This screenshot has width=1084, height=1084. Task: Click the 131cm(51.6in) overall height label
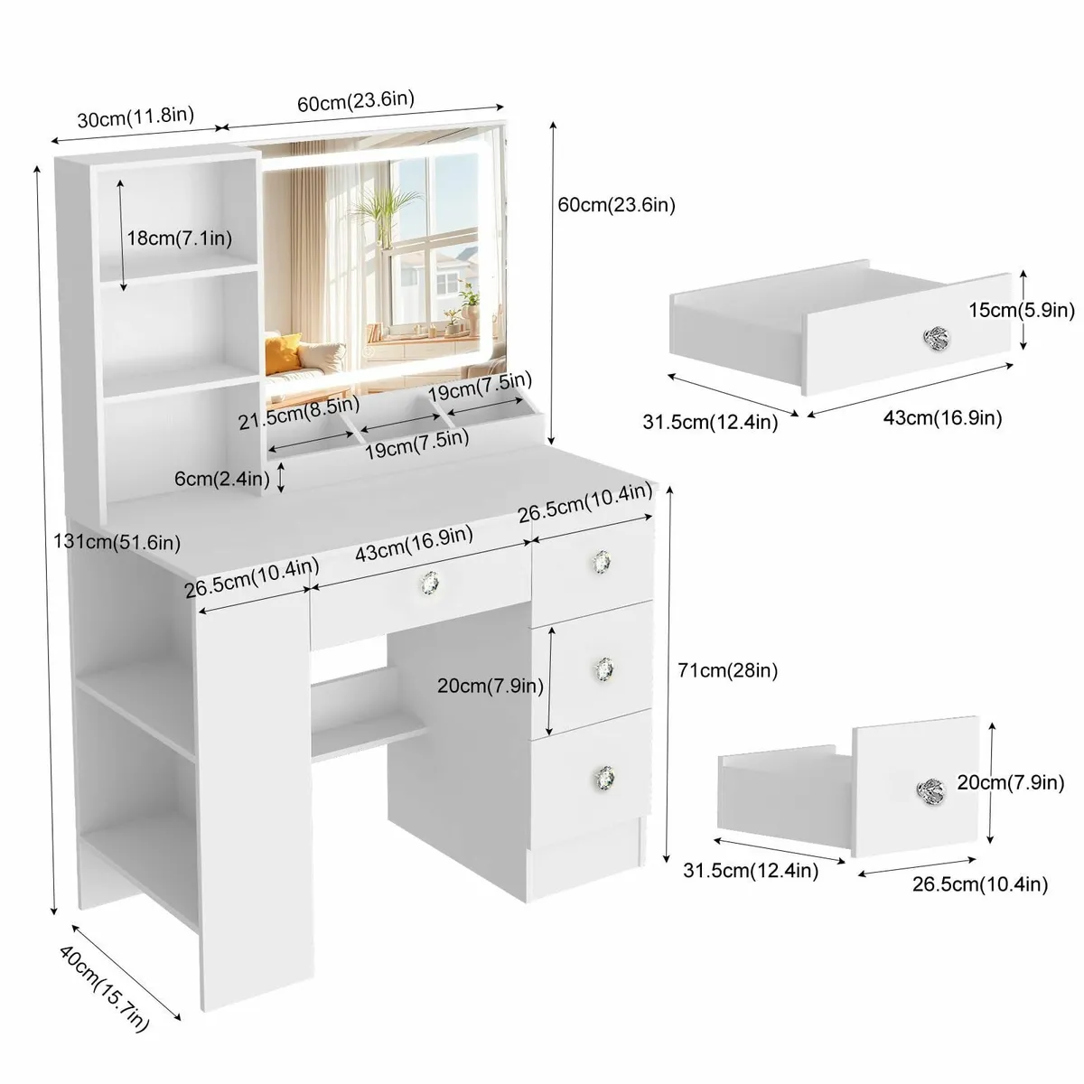[x=117, y=542]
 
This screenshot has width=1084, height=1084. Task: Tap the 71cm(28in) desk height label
[x=727, y=670]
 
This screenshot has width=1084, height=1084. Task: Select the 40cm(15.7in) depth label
[x=104, y=995]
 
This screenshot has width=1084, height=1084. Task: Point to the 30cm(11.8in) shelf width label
[x=135, y=117]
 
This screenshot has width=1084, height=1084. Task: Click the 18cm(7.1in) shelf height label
[x=180, y=238]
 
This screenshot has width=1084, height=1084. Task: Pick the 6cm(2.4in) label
[x=221, y=479]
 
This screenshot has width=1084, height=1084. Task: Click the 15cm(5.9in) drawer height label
[x=1022, y=310]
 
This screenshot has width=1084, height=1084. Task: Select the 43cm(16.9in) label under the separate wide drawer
[x=943, y=418]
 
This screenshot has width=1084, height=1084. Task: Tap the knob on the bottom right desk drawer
[x=604, y=778]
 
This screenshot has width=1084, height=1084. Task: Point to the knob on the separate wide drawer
[x=936, y=338]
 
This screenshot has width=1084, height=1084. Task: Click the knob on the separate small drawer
[x=931, y=790]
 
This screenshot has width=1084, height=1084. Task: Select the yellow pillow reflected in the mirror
[x=283, y=353]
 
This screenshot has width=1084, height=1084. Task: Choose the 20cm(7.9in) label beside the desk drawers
[x=491, y=686]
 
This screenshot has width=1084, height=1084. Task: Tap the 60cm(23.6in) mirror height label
[x=617, y=205]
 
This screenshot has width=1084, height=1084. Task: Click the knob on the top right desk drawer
[x=602, y=562]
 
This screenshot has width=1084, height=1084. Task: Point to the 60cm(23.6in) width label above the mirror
[x=356, y=101]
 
